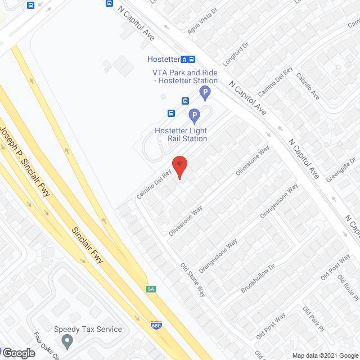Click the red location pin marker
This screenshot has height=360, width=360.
tap(179, 167)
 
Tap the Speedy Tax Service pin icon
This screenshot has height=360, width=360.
tap(68, 341)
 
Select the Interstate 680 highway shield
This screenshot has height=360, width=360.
tap(156, 325)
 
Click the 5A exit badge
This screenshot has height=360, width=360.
tap(151, 289)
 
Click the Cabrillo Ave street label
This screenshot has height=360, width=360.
tap(308, 87)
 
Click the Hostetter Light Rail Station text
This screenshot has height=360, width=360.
tap(181, 135)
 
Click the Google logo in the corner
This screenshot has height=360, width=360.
tap(18, 353)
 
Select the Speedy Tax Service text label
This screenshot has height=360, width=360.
tap(88, 329)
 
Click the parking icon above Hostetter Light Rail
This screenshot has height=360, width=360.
tap(194, 116)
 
